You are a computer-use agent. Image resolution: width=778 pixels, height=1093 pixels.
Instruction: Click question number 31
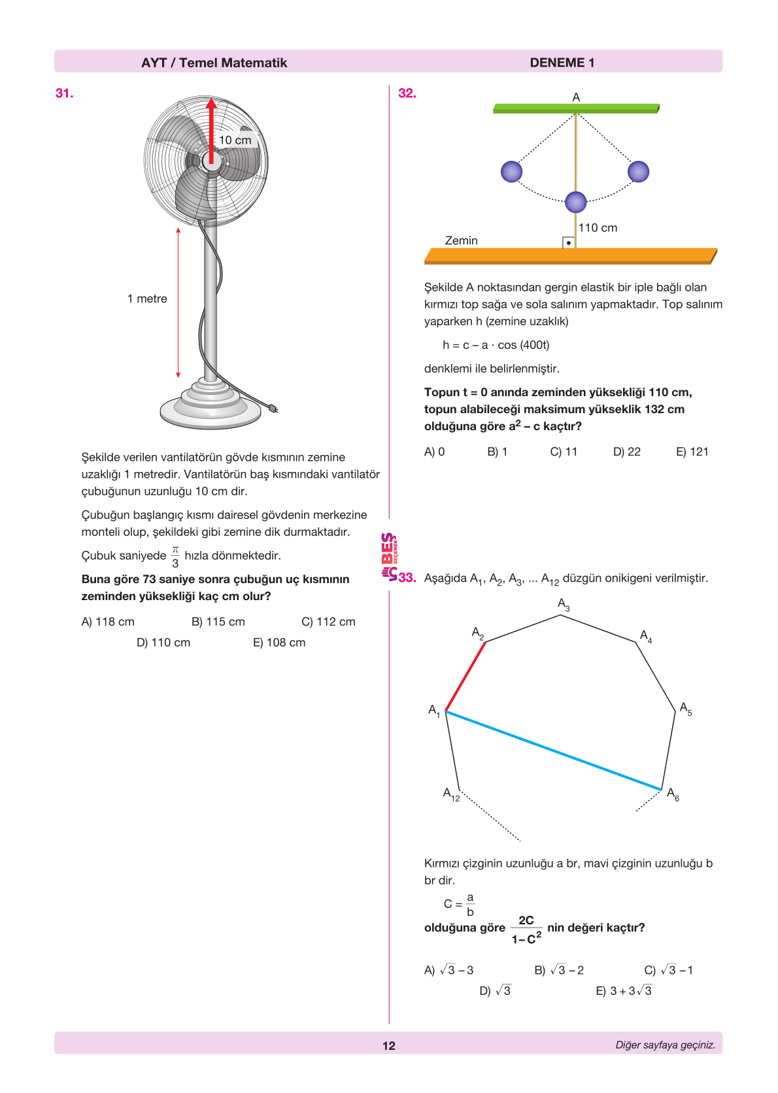coord(64,93)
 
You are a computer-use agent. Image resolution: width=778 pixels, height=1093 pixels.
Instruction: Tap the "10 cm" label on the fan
coord(235,140)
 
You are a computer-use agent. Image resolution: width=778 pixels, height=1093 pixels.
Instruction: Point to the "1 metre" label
coord(147,299)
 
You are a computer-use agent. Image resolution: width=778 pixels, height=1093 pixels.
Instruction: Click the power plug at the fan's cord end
coord(273,409)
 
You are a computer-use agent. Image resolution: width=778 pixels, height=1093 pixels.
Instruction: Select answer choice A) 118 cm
coord(108,622)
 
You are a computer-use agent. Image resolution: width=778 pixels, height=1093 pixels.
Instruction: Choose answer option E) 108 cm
coord(279,643)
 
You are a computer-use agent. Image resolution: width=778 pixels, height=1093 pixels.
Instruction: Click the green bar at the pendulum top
coord(575,109)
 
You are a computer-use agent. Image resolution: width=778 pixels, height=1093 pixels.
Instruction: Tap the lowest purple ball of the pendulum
coord(575,202)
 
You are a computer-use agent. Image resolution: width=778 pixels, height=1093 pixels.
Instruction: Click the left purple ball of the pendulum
coord(511,172)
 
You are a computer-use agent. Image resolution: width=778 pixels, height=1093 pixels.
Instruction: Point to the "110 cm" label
coord(598,227)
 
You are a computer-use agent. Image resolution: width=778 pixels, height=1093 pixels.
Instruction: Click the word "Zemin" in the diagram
coord(461,241)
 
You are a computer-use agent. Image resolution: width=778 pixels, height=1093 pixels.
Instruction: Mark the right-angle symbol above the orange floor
coord(569,243)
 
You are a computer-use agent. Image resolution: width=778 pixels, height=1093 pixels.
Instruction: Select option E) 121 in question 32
coord(692,452)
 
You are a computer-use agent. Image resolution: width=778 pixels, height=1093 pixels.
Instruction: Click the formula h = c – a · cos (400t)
coord(496,345)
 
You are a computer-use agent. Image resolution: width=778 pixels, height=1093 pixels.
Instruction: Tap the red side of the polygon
coord(465,677)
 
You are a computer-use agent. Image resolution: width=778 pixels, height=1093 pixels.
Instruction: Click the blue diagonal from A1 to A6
coord(553,750)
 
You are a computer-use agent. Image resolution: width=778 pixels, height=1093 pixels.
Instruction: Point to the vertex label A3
coord(564,604)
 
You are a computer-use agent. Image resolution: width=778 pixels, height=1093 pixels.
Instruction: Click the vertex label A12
coord(451,794)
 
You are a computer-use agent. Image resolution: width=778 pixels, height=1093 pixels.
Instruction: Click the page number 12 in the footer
coord(389,1046)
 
